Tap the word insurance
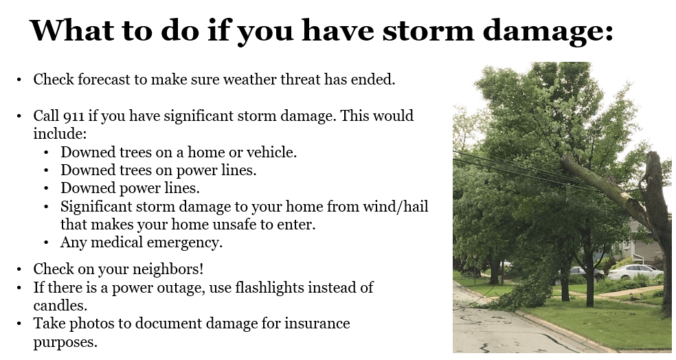[317, 323]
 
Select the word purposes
[65, 341]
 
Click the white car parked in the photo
[635, 271]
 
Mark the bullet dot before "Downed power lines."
[46, 188]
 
